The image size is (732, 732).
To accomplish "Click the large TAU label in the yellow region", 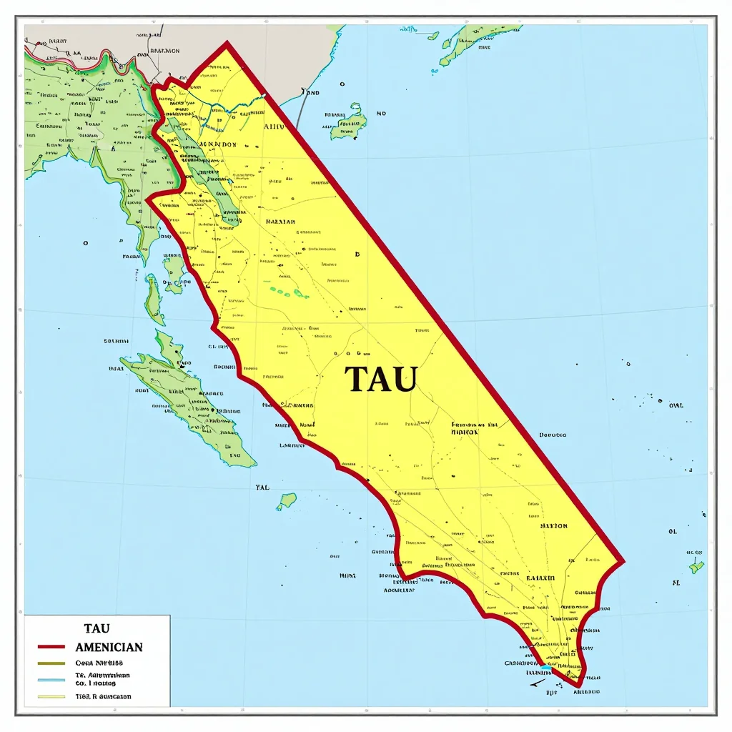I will (x=380, y=379).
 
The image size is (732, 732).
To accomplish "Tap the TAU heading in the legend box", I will (x=97, y=628).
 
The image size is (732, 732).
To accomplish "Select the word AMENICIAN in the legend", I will (x=109, y=647).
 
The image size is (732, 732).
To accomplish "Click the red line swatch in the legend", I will (x=50, y=647).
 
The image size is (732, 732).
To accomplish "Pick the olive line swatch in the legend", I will (x=50, y=663).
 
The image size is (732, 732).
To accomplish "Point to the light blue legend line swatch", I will (x=50, y=680).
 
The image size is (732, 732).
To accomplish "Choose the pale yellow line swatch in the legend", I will (x=50, y=696).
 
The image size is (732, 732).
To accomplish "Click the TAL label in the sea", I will (x=262, y=488).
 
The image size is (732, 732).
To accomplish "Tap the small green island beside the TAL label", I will (x=287, y=500).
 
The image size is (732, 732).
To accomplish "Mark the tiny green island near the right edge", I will (x=696, y=567).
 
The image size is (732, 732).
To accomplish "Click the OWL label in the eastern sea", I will (x=676, y=405).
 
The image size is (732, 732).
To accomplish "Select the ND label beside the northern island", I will (x=381, y=113).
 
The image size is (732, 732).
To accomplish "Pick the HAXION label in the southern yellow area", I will (x=553, y=525).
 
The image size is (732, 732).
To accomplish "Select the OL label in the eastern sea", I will (x=672, y=532).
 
